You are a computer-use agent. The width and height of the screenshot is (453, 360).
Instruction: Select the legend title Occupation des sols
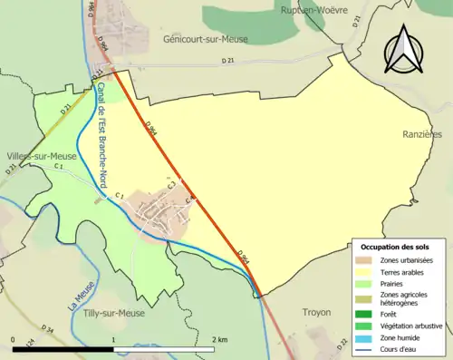click(396, 247)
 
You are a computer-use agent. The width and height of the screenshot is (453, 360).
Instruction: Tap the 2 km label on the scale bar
click(218, 338)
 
